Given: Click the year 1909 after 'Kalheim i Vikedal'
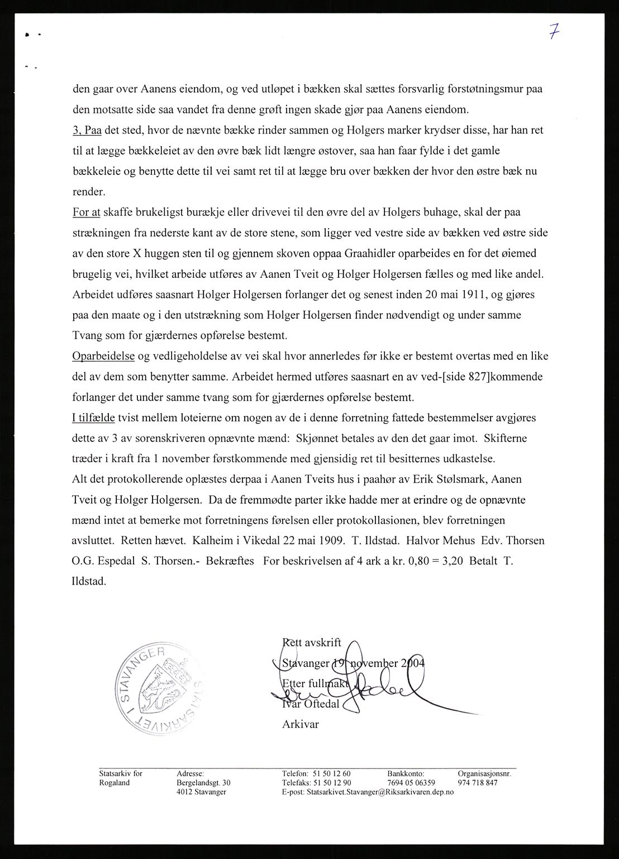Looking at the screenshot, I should click(330, 540).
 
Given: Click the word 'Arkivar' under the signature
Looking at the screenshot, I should click(301, 724).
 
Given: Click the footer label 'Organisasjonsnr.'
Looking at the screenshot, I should click(484, 773).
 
